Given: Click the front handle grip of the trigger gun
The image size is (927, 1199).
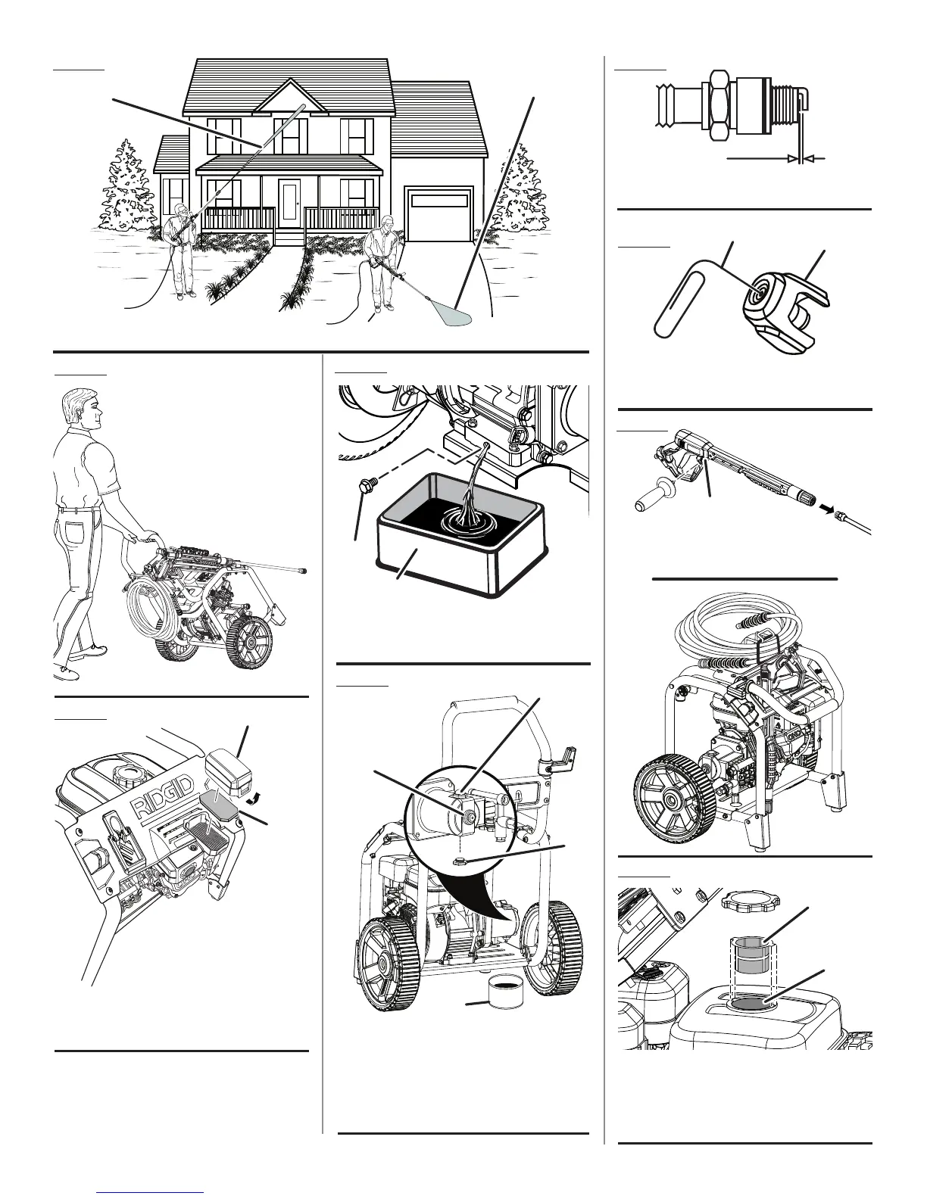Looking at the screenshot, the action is coord(652,503).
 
